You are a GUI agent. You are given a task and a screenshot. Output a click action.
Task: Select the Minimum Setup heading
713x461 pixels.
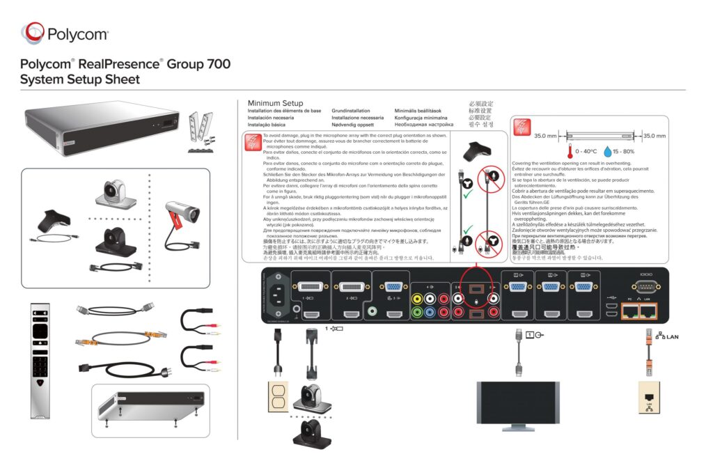275,103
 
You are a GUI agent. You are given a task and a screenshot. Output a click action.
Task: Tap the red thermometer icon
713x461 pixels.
568,150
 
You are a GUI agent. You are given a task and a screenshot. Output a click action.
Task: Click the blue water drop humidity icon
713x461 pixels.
607,150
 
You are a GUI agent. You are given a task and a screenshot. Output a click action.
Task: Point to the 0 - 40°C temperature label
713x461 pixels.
586,151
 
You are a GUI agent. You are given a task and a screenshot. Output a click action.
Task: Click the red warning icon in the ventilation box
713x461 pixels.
522,127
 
